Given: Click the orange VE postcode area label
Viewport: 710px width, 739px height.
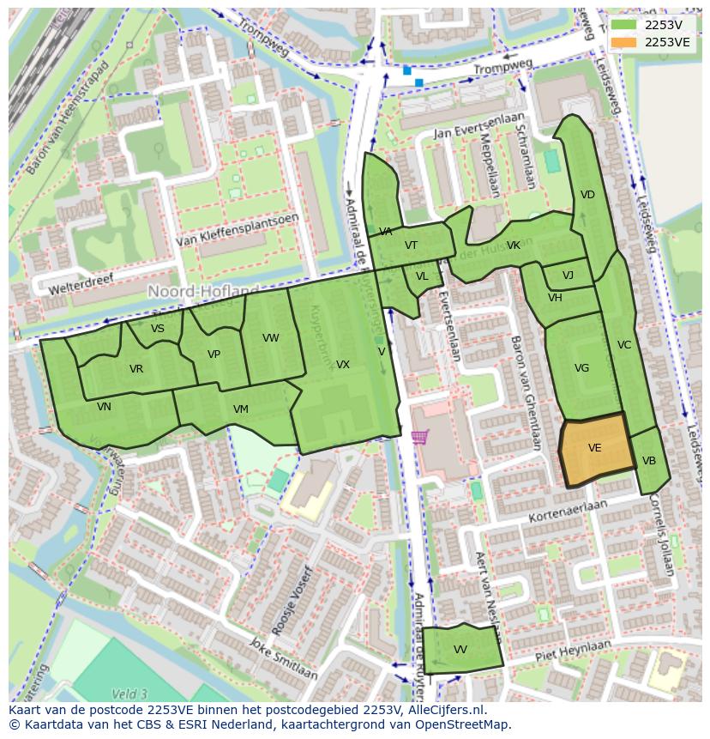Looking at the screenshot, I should (594, 448).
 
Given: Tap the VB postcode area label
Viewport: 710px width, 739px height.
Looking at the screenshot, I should (649, 461).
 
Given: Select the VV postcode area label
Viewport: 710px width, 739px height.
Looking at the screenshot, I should (460, 650).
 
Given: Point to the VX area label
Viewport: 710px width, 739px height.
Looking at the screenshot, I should (343, 365).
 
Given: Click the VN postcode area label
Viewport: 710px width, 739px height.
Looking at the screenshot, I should (104, 407).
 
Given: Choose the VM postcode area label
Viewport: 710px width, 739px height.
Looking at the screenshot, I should (241, 409).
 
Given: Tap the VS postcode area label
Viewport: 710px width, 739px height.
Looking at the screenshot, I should (158, 329).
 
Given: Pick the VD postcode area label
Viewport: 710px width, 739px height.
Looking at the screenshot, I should (587, 195).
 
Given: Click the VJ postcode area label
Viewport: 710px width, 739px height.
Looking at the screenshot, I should (568, 276).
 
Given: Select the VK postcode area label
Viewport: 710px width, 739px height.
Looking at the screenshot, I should (514, 245).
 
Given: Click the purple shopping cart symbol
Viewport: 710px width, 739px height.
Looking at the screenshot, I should (419, 437).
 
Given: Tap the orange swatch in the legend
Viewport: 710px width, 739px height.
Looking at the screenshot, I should (623, 42).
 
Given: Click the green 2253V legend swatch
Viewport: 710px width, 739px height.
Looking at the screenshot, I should (623, 25).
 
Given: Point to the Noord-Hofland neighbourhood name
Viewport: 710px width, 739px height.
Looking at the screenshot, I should (203, 292).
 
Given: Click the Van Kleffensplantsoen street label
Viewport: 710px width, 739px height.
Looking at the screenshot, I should (238, 231).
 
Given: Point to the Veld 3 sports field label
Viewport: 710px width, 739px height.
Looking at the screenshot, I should (129, 694).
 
